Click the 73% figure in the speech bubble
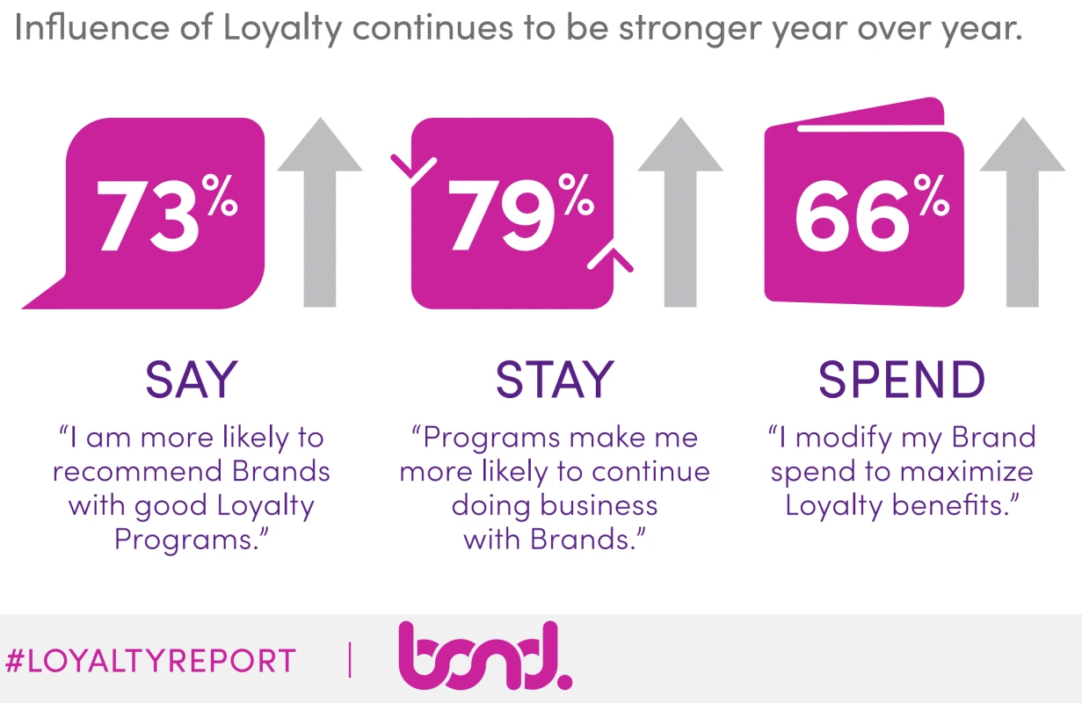[167, 213]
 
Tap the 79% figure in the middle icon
[520, 213]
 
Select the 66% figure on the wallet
[872, 213]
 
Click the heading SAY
[192, 380]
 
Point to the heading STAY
[555, 380]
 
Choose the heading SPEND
[902, 380]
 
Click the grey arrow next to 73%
[320, 212]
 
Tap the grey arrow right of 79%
[680, 212]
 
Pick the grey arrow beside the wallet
[1022, 212]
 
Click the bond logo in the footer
[485, 656]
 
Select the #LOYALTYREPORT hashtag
[150, 661]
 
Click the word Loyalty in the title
[282, 28]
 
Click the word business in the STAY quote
[599, 505]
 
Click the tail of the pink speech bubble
[46, 294]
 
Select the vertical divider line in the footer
[349, 660]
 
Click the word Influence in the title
[91, 27]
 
